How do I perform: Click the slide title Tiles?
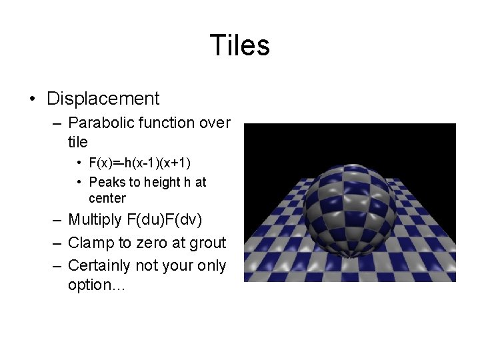tap(239, 45)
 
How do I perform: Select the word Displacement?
tap(103, 99)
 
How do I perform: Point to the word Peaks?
tap(107, 182)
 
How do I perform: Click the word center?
tap(107, 198)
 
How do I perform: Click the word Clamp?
tap(88, 243)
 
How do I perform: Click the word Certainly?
tap(99, 265)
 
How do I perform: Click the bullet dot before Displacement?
tap(32, 99)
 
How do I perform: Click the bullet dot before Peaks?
tap(79, 182)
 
